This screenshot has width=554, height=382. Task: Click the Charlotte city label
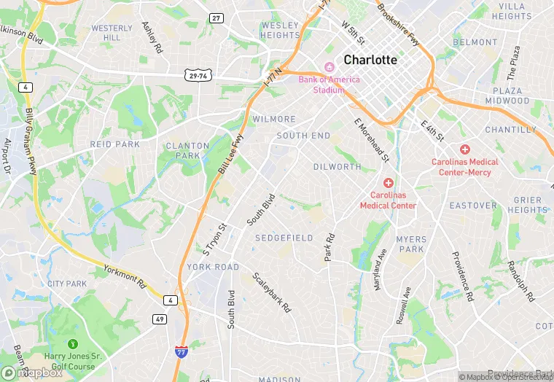(370, 60)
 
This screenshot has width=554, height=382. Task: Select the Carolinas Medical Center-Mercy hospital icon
(465, 149)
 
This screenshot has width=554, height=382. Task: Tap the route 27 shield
(216, 17)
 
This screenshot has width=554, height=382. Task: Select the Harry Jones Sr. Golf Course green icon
(72, 343)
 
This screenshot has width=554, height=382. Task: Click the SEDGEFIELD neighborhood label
(284, 238)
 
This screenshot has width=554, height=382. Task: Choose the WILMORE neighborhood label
(274, 119)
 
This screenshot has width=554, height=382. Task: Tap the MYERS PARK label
(410, 244)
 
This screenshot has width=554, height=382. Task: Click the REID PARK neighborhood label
(114, 145)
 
